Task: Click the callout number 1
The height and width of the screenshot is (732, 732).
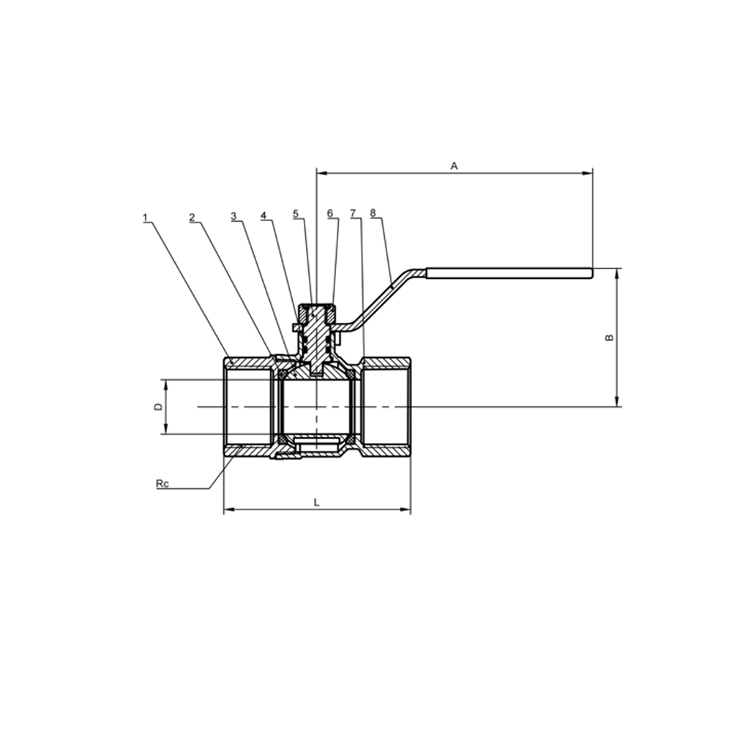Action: (x=145, y=217)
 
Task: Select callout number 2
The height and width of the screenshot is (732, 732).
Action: (x=192, y=217)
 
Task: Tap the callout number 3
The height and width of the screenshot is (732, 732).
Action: (x=234, y=216)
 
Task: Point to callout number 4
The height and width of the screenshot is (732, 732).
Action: (x=264, y=215)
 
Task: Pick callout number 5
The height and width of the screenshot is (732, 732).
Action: (x=296, y=214)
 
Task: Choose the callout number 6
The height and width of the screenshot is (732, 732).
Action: (x=330, y=213)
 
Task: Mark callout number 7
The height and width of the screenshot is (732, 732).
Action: (x=353, y=213)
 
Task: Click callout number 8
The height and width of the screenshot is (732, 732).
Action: (x=373, y=213)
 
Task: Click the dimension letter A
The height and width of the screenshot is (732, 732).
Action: (x=455, y=165)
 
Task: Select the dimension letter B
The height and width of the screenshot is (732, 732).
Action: (x=609, y=337)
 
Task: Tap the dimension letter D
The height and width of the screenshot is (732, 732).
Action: (x=159, y=406)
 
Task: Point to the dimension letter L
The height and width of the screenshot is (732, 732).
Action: (x=316, y=502)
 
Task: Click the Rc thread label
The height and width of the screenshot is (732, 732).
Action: (x=162, y=484)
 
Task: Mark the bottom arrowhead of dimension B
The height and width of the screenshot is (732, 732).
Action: (x=617, y=401)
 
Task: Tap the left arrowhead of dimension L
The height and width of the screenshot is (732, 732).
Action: (x=229, y=509)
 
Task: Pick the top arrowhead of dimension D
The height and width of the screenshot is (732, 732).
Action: (x=165, y=385)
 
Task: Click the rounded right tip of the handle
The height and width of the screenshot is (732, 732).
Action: (x=591, y=274)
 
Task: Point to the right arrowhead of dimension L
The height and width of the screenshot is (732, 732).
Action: (x=406, y=509)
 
